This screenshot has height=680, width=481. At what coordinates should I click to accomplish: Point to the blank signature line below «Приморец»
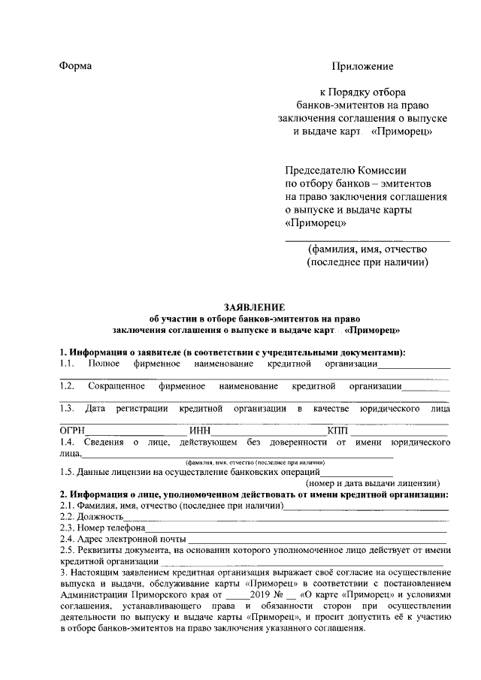click(x=368, y=240)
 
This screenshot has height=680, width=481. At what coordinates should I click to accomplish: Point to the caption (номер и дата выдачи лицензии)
click(x=373, y=483)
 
